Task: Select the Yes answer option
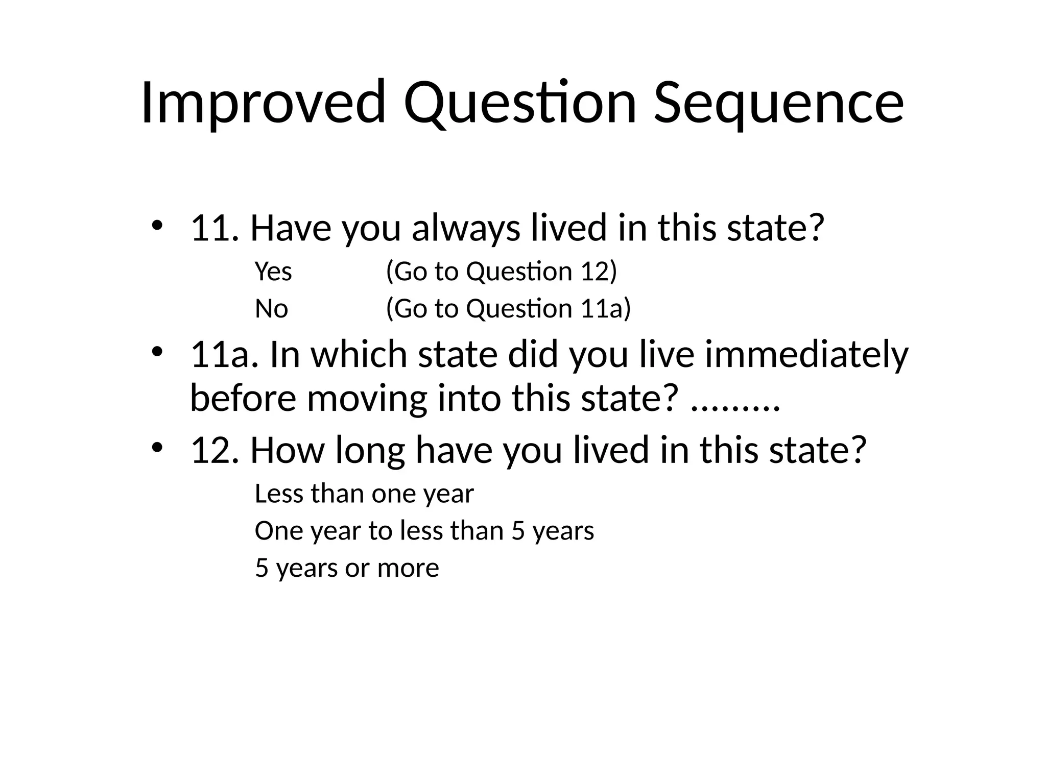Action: pyautogui.click(x=273, y=272)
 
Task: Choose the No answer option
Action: pyautogui.click(x=271, y=309)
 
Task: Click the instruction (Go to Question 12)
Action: pyautogui.click(x=502, y=272)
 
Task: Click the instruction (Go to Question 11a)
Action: pyautogui.click(x=509, y=309)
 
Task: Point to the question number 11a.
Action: pyautogui.click(x=221, y=354)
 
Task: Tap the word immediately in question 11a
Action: pyautogui.click(x=807, y=354)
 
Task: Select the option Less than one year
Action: pyautogui.click(x=364, y=494)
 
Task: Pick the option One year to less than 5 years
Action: pyautogui.click(x=424, y=531)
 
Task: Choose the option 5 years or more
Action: pyautogui.click(x=347, y=568)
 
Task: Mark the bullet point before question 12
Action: pyautogui.click(x=157, y=448)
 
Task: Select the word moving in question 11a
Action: pyautogui.click(x=367, y=399)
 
